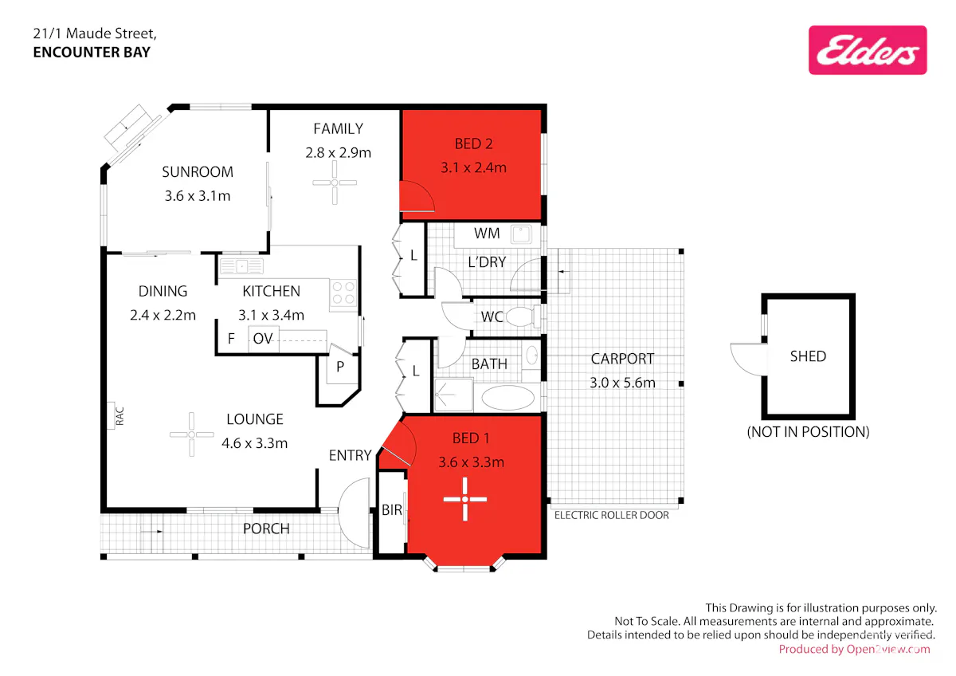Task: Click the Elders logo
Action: (868, 50)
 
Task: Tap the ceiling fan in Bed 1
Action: (464, 499)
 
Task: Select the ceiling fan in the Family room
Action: (335, 183)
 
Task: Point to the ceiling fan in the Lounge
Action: (192, 434)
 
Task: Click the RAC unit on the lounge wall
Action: (111, 415)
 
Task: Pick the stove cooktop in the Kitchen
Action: (343, 293)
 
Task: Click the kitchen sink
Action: (241, 266)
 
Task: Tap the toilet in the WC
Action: (523, 316)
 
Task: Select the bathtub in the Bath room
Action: (508, 398)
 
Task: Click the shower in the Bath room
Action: (453, 395)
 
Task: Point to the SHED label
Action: (808, 356)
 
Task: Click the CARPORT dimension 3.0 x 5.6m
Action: (622, 383)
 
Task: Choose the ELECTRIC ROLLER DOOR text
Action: (612, 516)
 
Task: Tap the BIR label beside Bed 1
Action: (392, 510)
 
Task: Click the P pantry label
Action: (340, 367)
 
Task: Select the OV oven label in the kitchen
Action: (262, 339)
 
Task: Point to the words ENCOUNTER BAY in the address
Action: (92, 52)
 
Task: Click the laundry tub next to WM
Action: (521, 234)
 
